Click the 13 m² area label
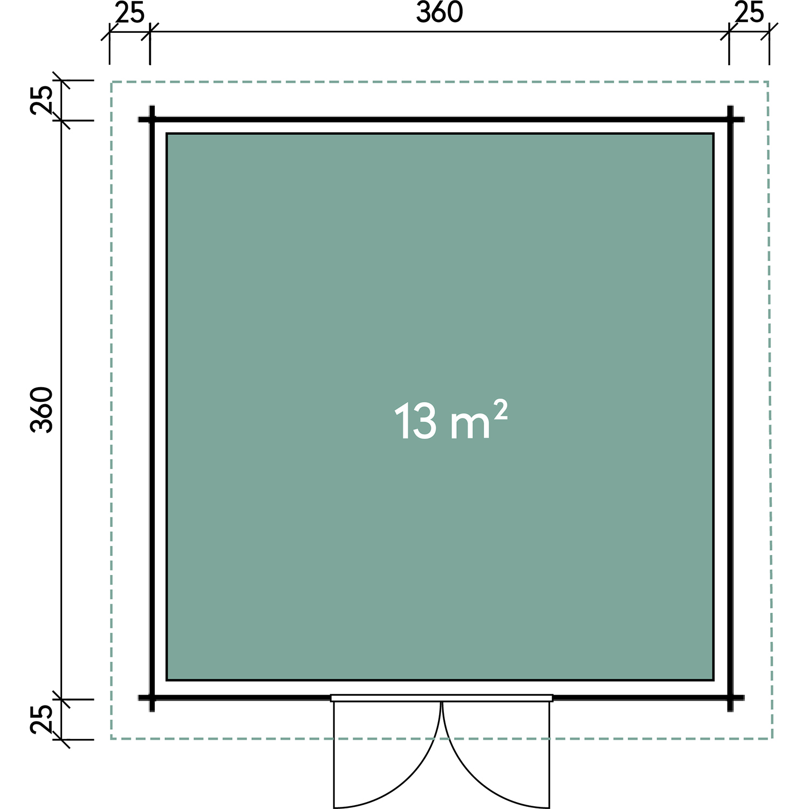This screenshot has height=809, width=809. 451,421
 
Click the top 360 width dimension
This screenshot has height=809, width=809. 440,12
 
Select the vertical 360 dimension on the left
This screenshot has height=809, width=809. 42,409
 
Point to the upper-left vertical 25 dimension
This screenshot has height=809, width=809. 42,100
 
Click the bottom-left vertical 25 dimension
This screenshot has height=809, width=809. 42,719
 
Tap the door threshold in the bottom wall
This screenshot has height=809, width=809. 442,698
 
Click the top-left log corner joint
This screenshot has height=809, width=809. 152,119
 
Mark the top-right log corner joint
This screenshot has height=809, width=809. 731,119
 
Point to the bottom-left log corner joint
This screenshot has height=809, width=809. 152,698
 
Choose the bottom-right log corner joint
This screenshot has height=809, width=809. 731,698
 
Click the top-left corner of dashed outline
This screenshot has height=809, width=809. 112,82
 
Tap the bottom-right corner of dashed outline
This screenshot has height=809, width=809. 772,738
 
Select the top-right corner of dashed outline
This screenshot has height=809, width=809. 768,82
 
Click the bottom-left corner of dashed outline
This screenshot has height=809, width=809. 112,738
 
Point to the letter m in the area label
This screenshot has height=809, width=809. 469,427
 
